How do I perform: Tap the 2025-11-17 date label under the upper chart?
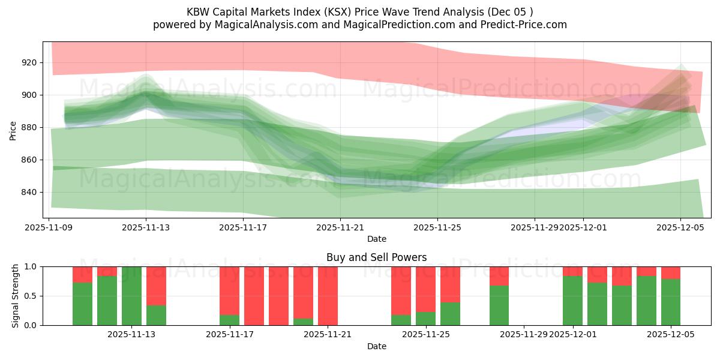243,227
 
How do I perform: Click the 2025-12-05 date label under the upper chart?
680,227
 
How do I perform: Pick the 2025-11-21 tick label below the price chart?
340,227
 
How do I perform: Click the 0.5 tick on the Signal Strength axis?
31,296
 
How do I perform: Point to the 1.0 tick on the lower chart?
31,266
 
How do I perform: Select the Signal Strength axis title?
15,296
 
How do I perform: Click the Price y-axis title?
13,130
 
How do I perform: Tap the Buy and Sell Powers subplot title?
376,257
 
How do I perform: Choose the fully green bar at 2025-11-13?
131,296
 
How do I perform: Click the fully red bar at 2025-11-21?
328,296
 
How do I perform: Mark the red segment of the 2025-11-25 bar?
425,289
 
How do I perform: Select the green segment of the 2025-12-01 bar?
572,301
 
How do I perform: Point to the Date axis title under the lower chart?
376,346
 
